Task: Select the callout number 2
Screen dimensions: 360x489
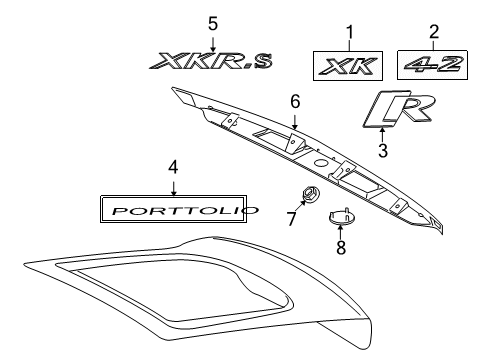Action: point(433,31)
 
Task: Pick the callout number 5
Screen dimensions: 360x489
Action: point(212,22)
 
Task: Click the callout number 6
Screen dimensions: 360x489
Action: point(295,101)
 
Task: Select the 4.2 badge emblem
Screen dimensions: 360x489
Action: point(433,64)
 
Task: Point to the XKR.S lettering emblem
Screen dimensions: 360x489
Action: point(211,63)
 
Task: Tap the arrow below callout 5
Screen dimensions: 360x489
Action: point(212,40)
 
